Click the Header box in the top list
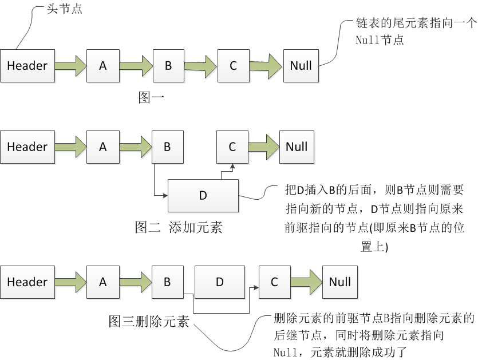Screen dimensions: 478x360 tap(27, 66)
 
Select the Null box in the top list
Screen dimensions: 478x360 tap(301, 66)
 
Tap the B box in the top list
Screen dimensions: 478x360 tap(168, 66)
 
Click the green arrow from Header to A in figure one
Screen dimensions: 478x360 tap(71, 66)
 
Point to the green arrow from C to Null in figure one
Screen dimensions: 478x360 tap(266, 66)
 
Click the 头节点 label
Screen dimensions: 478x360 tap(64, 9)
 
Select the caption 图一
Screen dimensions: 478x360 tap(151, 97)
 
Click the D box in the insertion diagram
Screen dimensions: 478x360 tap(203, 196)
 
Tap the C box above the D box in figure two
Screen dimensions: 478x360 tap(232, 147)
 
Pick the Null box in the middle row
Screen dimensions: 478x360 tap(297, 147)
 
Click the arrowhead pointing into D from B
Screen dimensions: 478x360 tap(165, 195)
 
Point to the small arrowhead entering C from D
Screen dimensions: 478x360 tap(232, 167)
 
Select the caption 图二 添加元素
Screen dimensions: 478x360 tap(179, 227)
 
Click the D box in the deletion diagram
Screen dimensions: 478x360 tap(220, 282)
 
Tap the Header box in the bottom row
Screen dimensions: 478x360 tap(27, 282)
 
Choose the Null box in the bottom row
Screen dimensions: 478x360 tap(340, 282)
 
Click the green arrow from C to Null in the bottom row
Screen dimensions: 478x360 tap(306, 282)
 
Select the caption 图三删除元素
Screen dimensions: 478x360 tap(149, 321)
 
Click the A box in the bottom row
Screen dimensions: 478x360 tap(102, 282)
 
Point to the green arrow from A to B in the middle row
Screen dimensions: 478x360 tap(136, 147)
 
